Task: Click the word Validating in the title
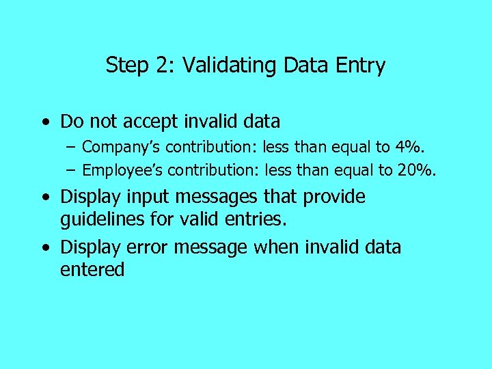tap(227, 66)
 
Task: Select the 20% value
tap(419, 170)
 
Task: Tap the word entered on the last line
tap(92, 270)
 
